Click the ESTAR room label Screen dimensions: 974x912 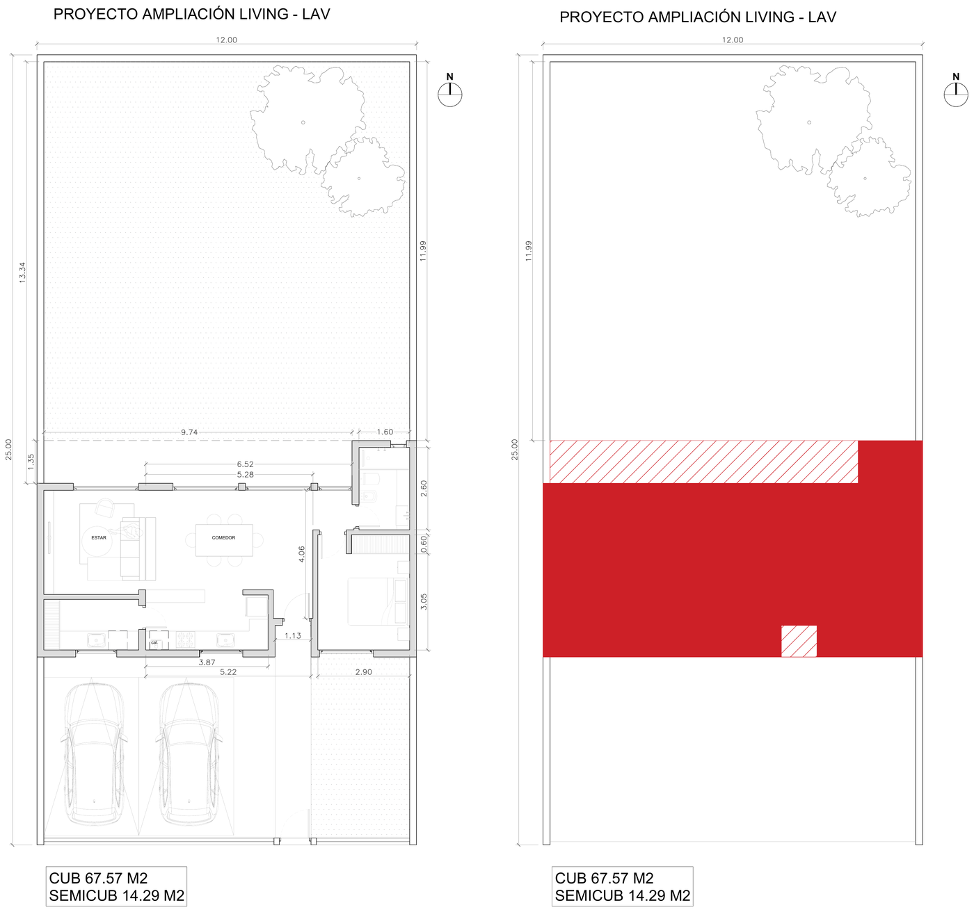(x=99, y=537)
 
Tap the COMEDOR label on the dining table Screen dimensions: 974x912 (x=223, y=537)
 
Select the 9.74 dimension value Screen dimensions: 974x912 (x=189, y=432)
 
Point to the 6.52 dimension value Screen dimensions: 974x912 (x=245, y=464)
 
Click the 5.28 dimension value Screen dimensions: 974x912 (x=245, y=474)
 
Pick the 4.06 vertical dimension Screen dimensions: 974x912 (x=302, y=554)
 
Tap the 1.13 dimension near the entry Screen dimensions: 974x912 (x=293, y=635)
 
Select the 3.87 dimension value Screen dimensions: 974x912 (x=207, y=662)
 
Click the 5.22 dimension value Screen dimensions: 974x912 (x=228, y=672)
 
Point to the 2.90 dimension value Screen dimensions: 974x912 (x=363, y=672)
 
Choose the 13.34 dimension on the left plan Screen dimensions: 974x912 (x=22, y=272)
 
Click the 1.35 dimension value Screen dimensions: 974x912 (x=31, y=462)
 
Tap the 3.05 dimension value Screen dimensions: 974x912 (x=424, y=602)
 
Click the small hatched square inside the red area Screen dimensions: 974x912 (x=799, y=641)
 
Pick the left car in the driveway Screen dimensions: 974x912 (x=94, y=755)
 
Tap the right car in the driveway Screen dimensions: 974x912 (x=189, y=755)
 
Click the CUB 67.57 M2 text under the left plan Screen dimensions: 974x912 (x=98, y=878)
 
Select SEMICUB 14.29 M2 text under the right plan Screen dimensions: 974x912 (x=623, y=895)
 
